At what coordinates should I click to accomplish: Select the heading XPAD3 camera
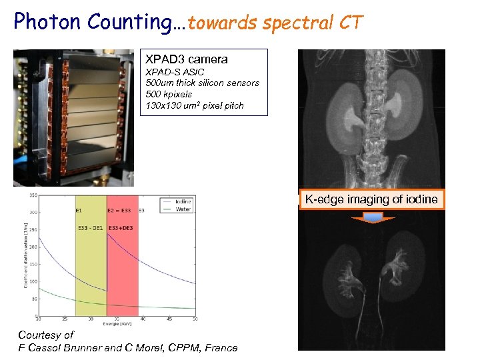(187, 59)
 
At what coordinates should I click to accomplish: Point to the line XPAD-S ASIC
(175, 72)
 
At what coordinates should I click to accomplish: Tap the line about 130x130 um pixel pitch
(195, 105)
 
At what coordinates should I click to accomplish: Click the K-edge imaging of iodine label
(371, 199)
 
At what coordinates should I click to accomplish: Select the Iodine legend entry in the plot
(183, 201)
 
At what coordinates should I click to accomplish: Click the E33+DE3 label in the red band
(122, 227)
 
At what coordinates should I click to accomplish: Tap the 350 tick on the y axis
(32, 195)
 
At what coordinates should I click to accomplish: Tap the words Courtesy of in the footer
(45, 335)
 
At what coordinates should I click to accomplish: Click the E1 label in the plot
(79, 211)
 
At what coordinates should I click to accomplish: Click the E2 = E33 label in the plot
(121, 211)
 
